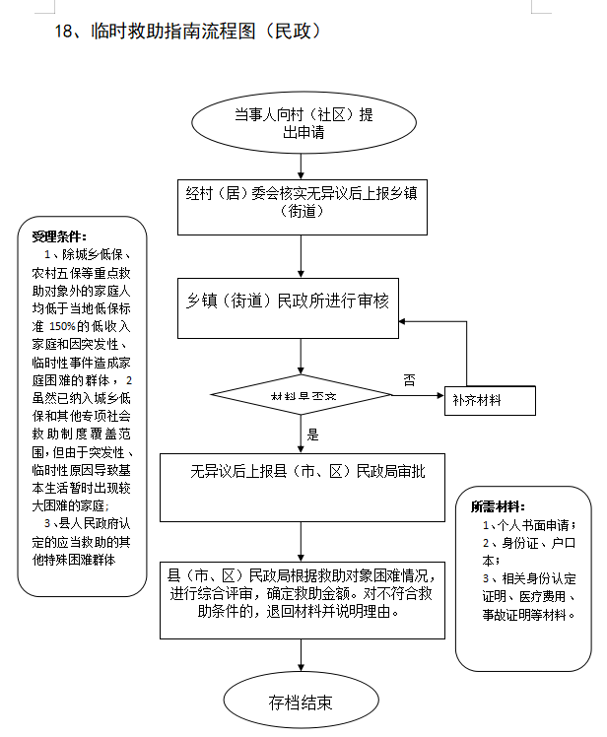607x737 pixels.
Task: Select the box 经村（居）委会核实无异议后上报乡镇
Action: tap(302, 204)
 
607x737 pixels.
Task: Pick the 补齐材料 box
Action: tap(490, 400)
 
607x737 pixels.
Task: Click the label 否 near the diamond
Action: tap(409, 378)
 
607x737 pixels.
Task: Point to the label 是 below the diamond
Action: tap(313, 434)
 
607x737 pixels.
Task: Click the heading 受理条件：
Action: tap(59, 236)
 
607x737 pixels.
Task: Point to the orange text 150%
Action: tap(62, 326)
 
